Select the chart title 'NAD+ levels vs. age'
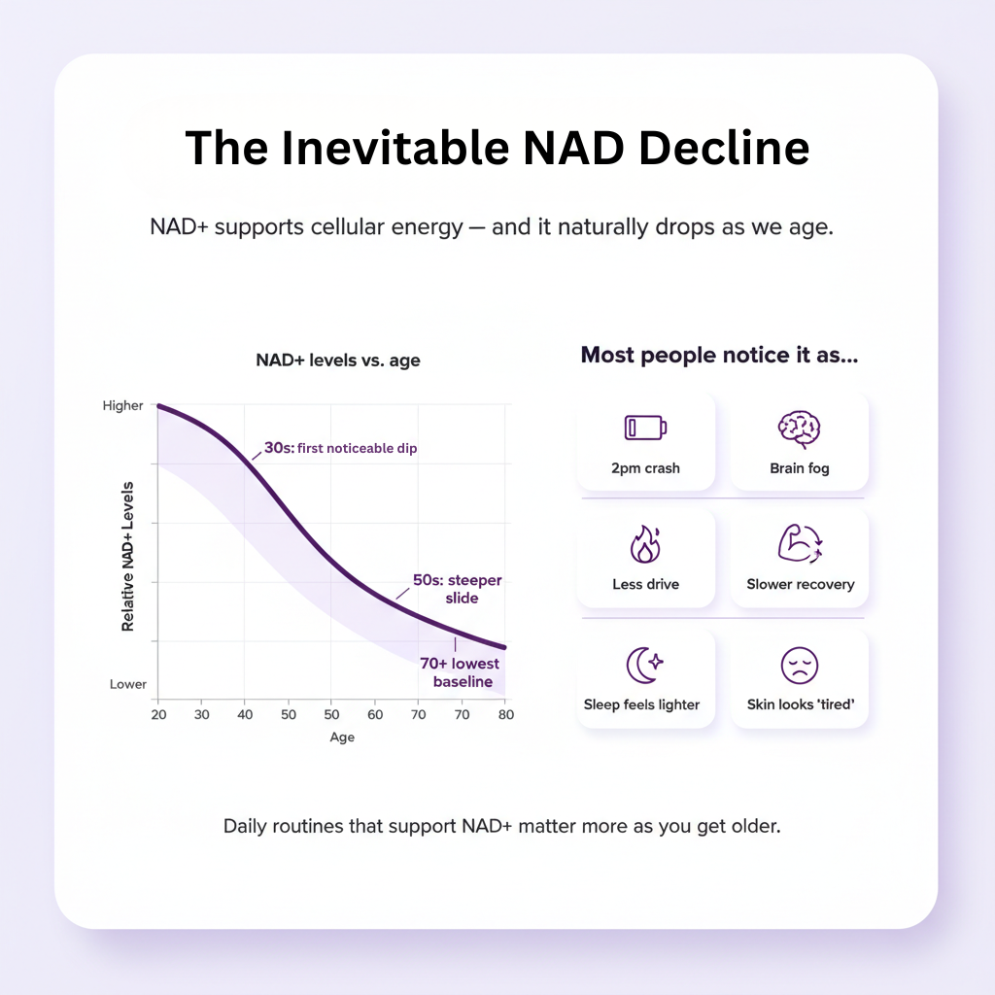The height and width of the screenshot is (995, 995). coord(338,360)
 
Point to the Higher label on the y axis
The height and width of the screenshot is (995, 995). coord(122,406)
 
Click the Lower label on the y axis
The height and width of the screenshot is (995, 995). coord(127,684)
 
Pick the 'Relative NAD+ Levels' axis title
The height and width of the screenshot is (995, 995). coord(128,568)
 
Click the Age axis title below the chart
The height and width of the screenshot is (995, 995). coord(342,738)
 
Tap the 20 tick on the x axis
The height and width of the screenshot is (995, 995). coord(157,714)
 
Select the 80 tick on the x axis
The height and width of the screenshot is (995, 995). coord(505,714)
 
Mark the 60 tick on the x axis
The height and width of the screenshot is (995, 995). coord(374,714)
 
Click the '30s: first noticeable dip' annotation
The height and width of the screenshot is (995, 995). coord(340,450)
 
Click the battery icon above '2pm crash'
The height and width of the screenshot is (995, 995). coord(645,428)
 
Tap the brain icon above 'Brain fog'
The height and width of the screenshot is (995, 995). coord(799,428)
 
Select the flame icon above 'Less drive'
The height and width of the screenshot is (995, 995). coord(645,545)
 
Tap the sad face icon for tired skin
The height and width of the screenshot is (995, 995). coord(800,666)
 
